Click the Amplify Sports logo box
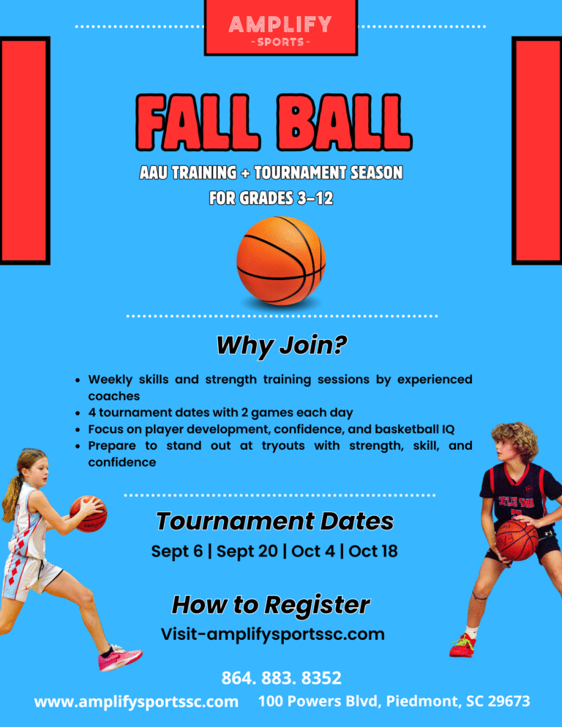click(x=281, y=27)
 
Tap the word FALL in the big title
click(x=198, y=122)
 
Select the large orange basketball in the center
click(x=281, y=260)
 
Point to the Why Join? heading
click(x=281, y=345)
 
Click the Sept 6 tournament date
click(x=177, y=551)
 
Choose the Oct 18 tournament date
click(x=373, y=551)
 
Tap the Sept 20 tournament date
click(x=247, y=551)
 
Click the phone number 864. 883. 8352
click(x=281, y=678)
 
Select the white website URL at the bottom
click(x=136, y=701)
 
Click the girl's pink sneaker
click(x=120, y=658)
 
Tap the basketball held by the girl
click(x=89, y=513)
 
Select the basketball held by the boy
click(x=517, y=540)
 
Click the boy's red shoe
click(x=462, y=645)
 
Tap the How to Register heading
click(x=271, y=605)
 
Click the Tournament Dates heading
click(x=274, y=521)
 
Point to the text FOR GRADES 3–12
click(x=271, y=198)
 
